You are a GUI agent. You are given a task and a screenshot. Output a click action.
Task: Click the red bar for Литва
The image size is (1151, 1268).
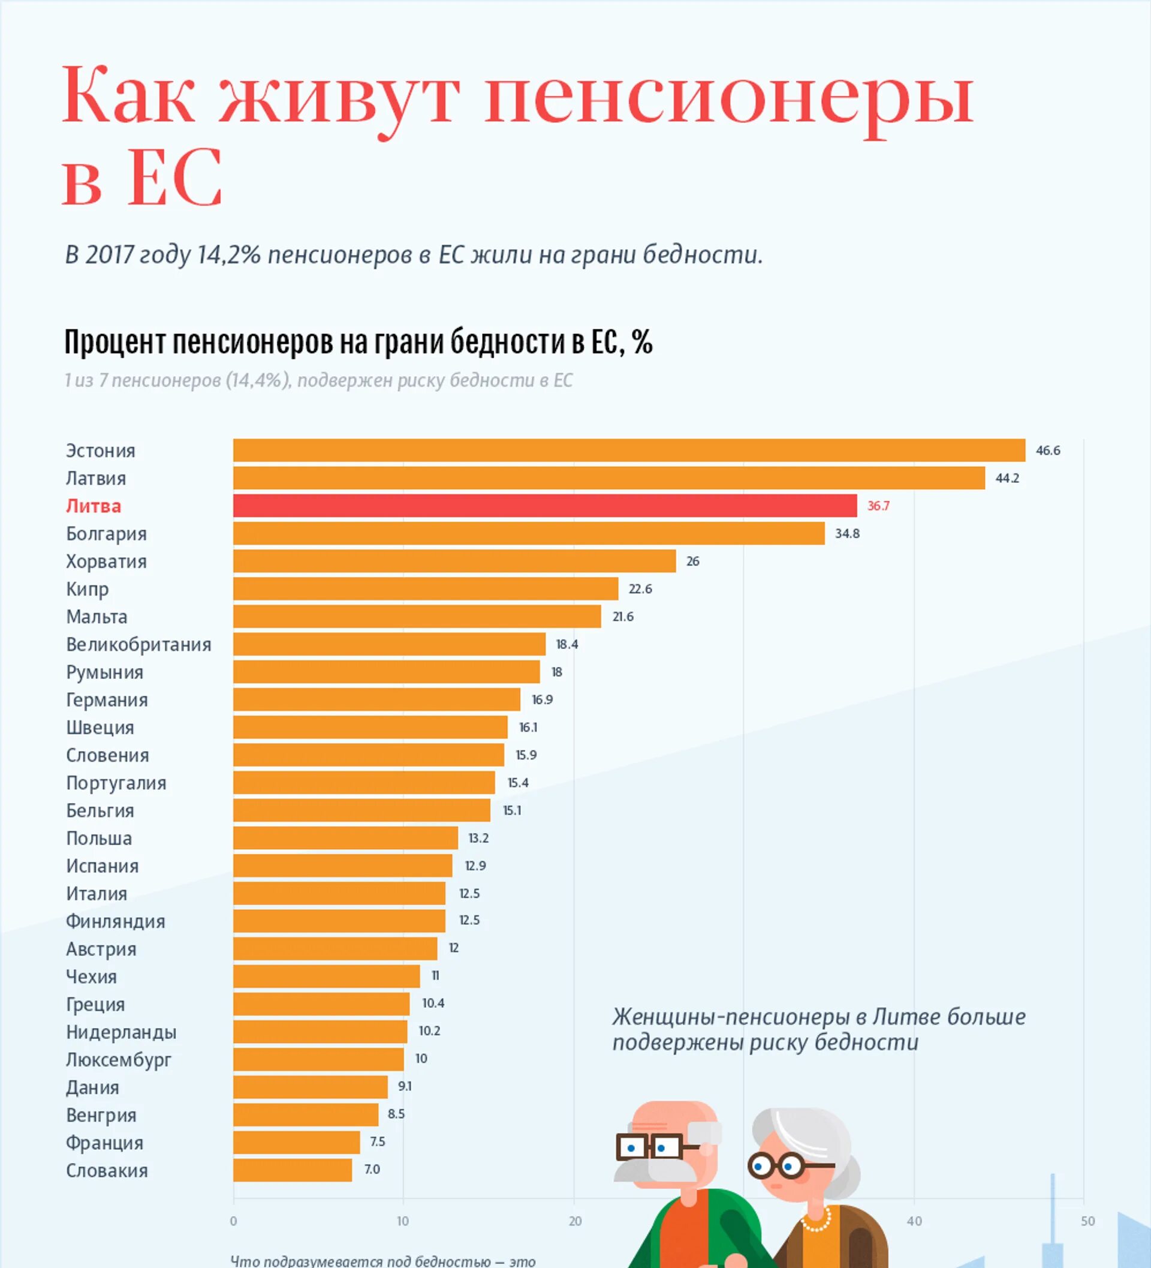coord(544,505)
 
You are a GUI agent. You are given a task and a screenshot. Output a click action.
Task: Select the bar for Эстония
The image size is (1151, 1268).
coord(629,450)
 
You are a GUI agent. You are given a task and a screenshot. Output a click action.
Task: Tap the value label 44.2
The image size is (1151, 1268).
coord(1007,478)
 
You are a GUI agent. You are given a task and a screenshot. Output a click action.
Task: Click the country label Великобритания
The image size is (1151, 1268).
coord(138,644)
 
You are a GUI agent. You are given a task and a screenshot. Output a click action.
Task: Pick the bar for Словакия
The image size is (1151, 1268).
coord(293,1170)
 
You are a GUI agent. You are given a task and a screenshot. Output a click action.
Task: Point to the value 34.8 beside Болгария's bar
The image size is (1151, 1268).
coord(846,533)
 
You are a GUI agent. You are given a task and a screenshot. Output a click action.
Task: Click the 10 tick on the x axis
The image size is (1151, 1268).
coord(403,1221)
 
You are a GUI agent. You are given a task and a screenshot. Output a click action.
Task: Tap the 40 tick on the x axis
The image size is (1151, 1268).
coord(914,1221)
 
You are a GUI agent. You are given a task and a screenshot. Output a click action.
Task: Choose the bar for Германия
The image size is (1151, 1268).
coord(376,699)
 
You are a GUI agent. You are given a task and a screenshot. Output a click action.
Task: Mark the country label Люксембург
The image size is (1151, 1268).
coord(118,1059)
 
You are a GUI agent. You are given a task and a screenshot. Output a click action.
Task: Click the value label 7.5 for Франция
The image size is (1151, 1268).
coord(377,1141)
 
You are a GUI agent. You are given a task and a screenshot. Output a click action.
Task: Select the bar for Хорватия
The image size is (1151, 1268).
coord(454,561)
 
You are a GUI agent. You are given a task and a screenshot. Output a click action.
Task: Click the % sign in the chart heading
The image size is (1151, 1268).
coord(643,342)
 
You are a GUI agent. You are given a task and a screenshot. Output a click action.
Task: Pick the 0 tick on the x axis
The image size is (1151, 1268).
coord(233,1221)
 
